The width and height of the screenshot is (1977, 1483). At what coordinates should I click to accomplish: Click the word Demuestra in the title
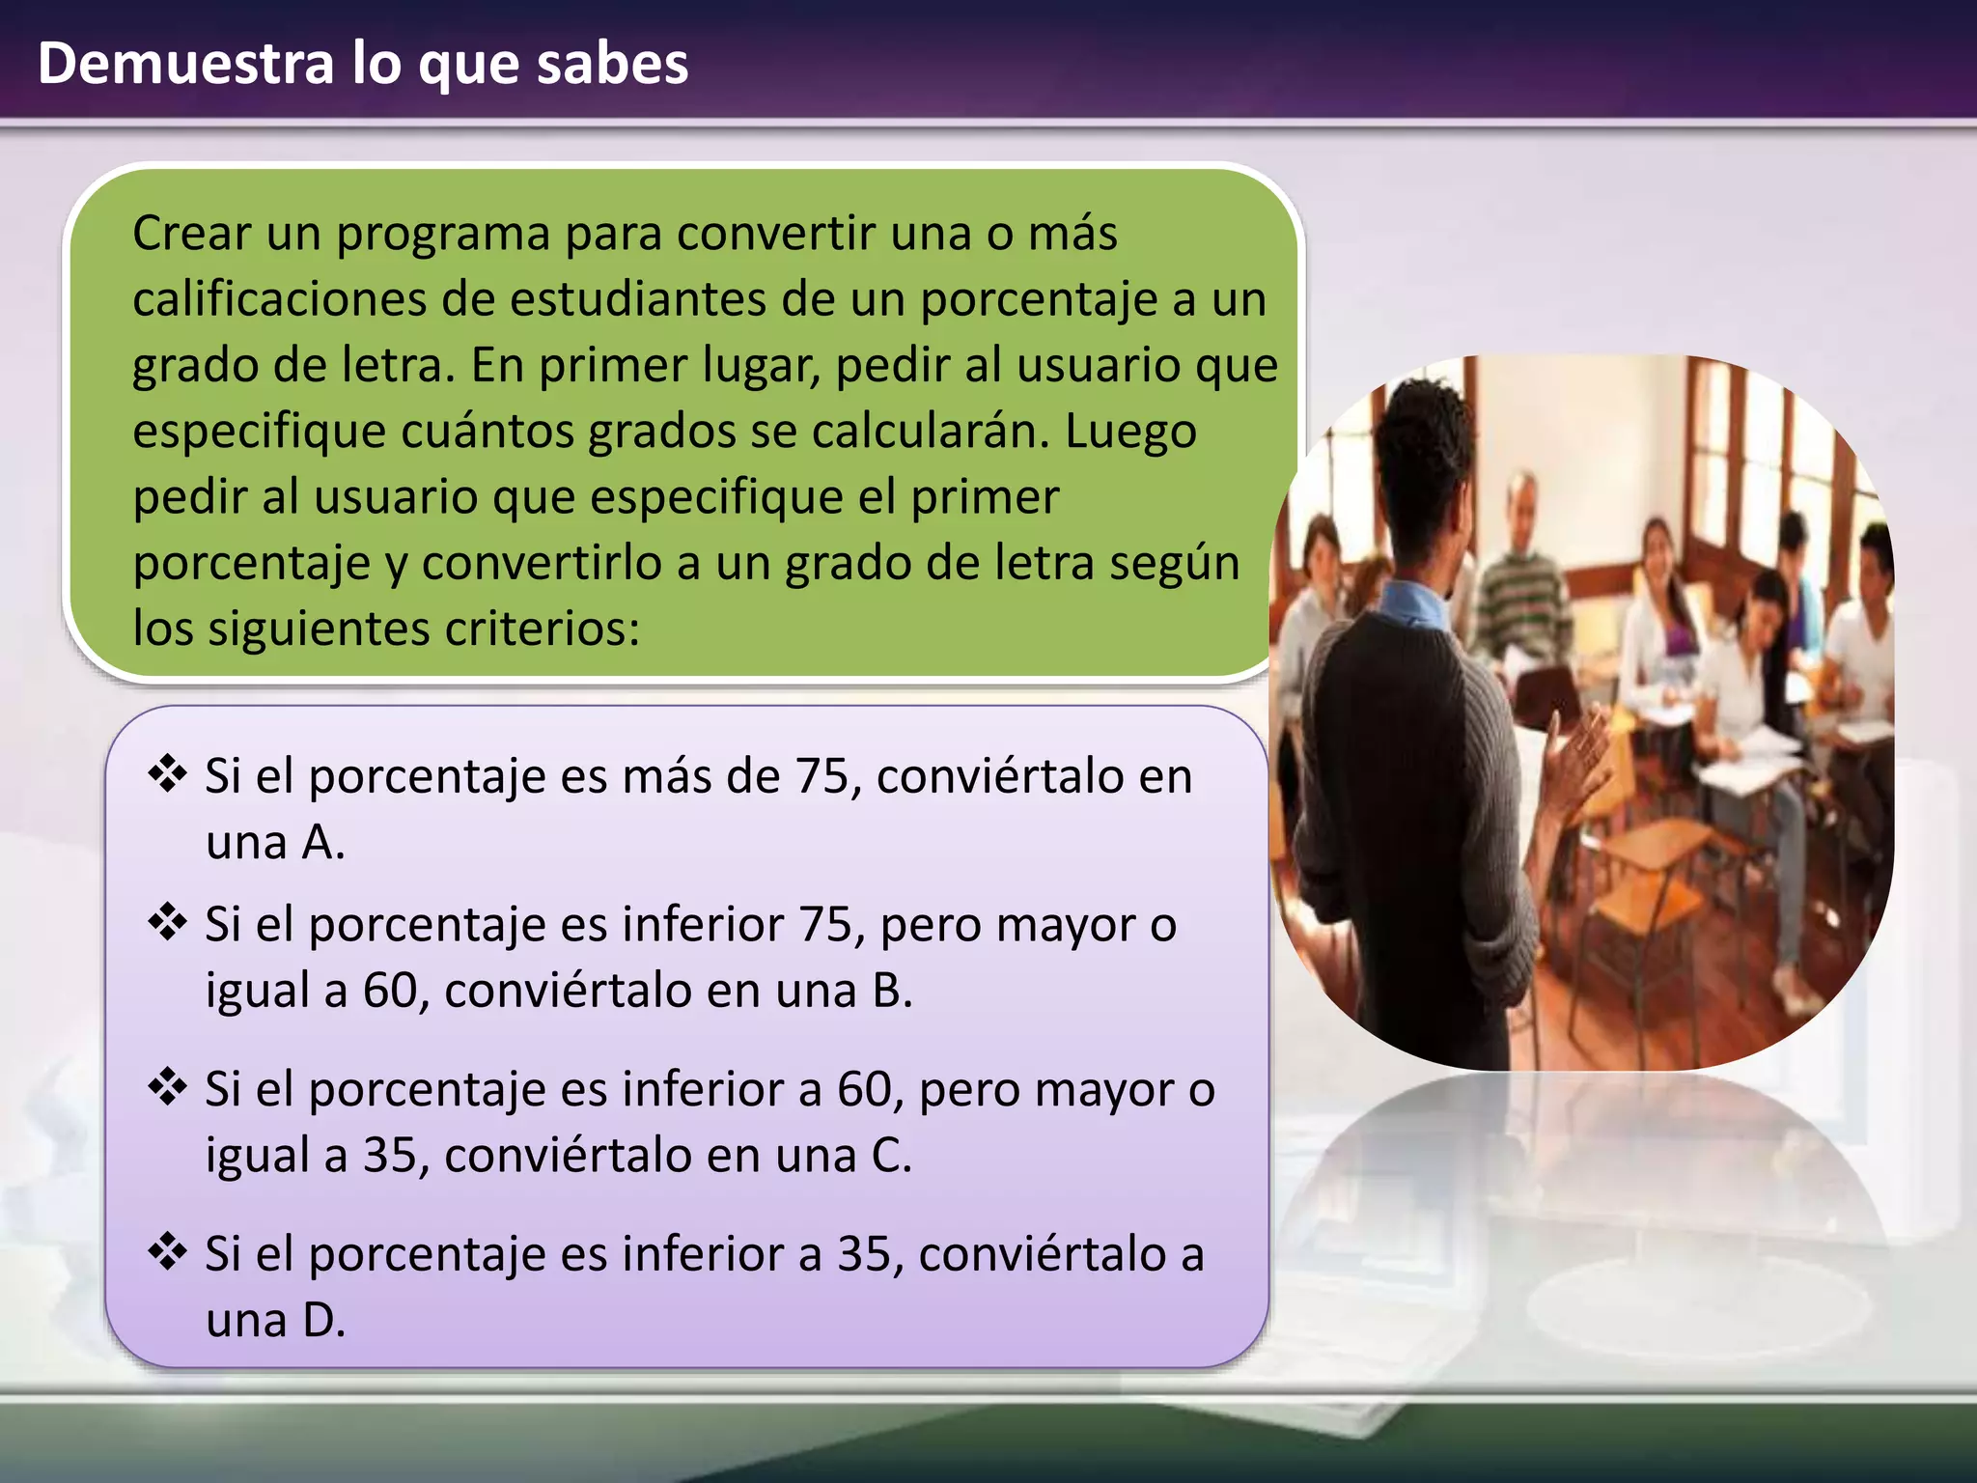[x=185, y=64]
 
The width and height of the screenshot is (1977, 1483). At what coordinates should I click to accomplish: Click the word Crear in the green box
[x=191, y=234]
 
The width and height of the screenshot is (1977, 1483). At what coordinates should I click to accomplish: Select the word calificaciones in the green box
[x=279, y=299]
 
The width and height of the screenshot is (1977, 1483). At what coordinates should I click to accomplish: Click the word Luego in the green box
[x=1130, y=432]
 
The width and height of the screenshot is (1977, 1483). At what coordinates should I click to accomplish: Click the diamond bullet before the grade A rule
[x=167, y=774]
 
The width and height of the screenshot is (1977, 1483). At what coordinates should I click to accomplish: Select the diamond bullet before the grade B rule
[x=167, y=922]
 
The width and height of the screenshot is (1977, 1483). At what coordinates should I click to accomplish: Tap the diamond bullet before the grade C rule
[x=167, y=1087]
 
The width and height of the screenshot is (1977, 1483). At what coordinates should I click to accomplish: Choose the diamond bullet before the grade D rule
[x=167, y=1252]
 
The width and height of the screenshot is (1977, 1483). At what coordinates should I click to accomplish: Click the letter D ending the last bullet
[x=321, y=1321]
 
